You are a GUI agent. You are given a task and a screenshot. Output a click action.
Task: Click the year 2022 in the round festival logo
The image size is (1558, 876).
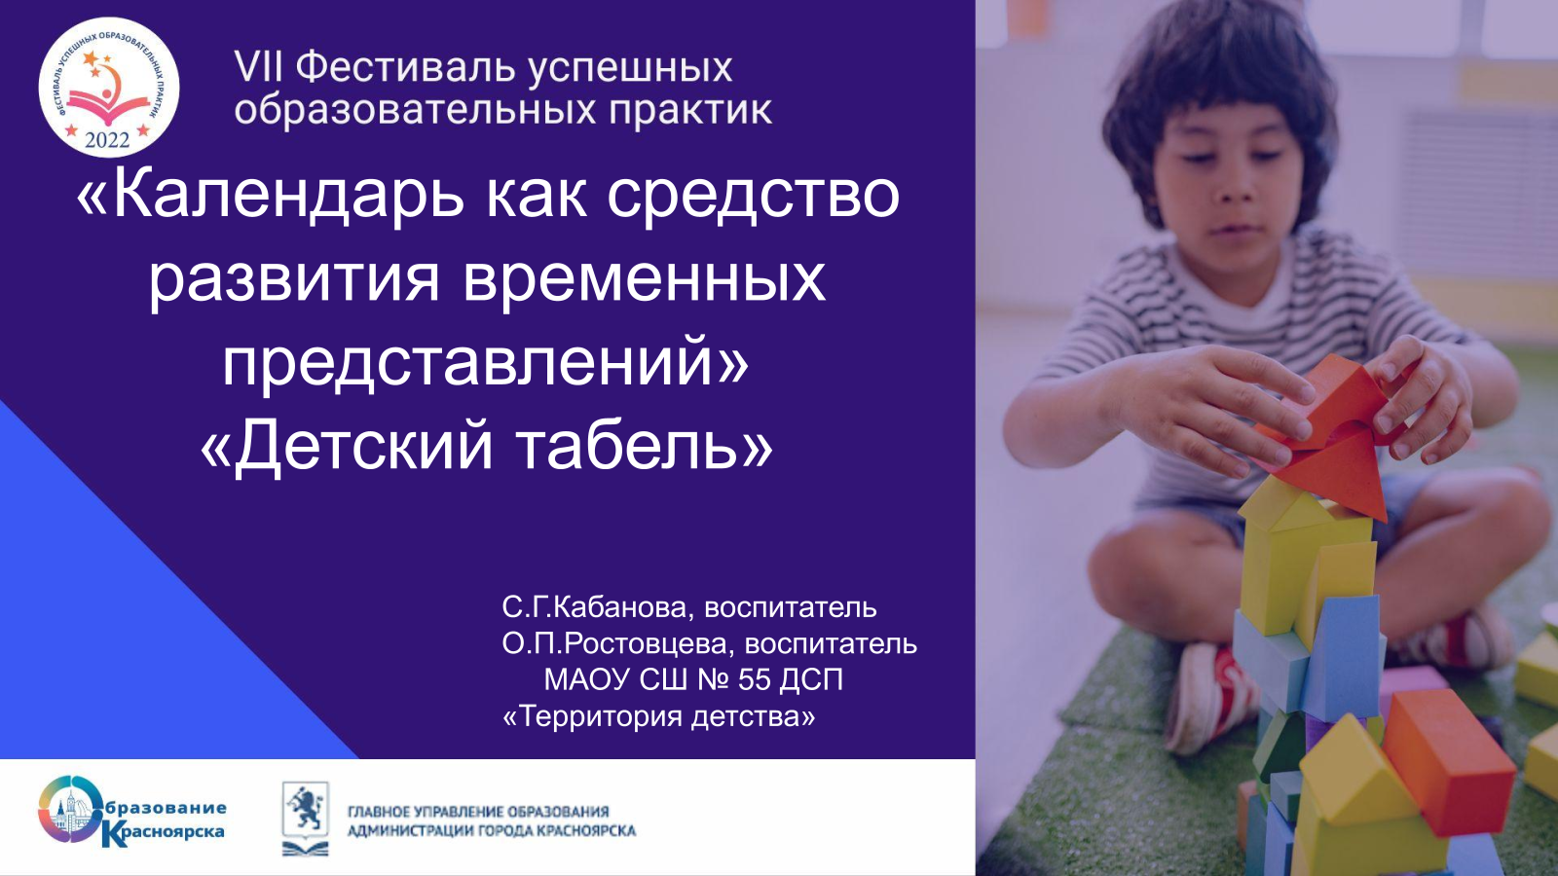point(107,140)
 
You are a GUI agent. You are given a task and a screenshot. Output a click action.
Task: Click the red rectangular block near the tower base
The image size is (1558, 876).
point(1448,762)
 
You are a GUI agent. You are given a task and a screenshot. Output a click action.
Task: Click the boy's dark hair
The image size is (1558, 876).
point(1218,84)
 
